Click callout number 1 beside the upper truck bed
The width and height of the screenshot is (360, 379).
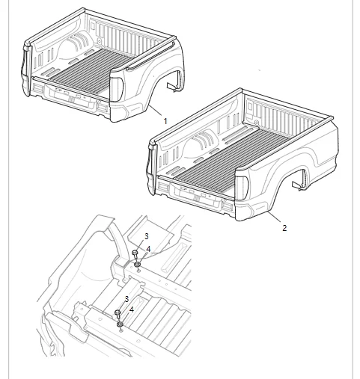click(165, 120)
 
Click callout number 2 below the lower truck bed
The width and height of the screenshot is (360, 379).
click(284, 228)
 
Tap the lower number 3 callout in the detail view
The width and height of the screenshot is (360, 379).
click(127, 298)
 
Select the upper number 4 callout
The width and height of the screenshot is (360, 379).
click(148, 248)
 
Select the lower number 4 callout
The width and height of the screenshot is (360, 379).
click(132, 309)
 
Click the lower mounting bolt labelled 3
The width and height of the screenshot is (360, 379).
click(118, 314)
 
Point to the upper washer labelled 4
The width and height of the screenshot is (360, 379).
click(138, 265)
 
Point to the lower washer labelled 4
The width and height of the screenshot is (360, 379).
click(120, 324)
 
